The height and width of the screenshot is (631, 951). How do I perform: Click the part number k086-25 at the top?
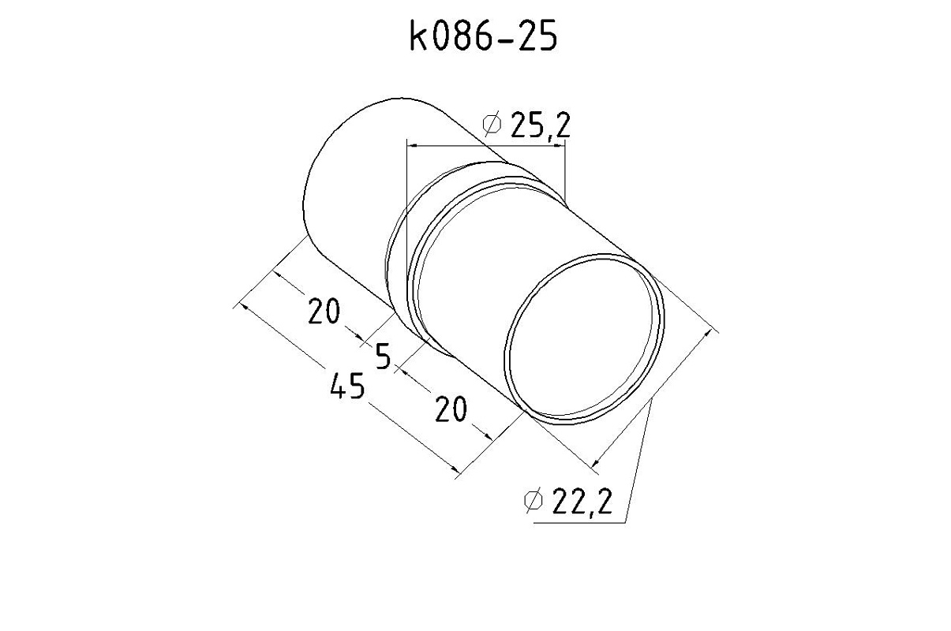(x=483, y=36)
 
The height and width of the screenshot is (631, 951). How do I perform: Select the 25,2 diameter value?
(x=540, y=125)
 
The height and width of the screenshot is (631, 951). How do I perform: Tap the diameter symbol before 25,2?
(x=492, y=125)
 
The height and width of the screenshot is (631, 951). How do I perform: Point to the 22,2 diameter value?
(x=582, y=501)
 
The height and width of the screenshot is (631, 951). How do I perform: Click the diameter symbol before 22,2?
(x=534, y=501)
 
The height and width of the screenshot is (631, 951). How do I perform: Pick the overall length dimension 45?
(x=347, y=386)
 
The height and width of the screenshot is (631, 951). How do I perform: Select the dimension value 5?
(x=383, y=356)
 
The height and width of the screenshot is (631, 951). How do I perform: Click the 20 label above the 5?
(x=324, y=311)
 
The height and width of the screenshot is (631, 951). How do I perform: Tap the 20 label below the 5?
(x=451, y=409)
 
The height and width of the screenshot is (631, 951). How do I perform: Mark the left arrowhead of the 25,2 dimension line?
(x=412, y=146)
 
